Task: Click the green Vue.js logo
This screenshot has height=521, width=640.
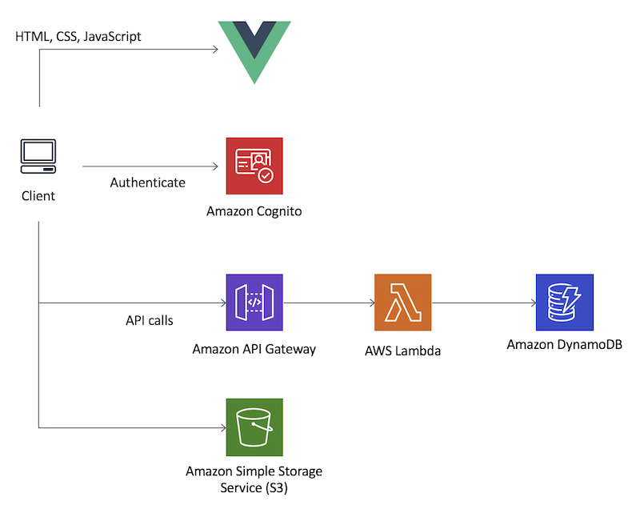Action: point(254,48)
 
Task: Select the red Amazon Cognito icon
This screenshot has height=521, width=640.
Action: point(254,166)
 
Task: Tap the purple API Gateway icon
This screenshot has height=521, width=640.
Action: point(254,303)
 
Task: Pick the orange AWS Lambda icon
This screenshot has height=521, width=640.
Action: point(402,303)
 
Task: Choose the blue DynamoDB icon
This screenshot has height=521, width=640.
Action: point(565,303)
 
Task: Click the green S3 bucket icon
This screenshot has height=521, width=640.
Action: point(254,427)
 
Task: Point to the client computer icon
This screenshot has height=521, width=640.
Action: point(38,157)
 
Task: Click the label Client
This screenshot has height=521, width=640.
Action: point(38,195)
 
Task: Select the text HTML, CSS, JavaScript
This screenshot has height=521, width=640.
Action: point(78,37)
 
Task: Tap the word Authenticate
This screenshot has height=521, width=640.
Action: point(147,182)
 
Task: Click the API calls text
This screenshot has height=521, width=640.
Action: point(150,320)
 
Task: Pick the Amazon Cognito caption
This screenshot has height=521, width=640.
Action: point(254,211)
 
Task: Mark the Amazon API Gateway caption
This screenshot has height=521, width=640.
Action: point(254,349)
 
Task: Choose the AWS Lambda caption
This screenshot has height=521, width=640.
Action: point(402,351)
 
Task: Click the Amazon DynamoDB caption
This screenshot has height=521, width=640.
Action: point(565,345)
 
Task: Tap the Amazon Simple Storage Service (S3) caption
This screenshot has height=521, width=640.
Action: point(254,479)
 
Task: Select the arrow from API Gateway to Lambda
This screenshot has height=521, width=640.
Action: point(328,303)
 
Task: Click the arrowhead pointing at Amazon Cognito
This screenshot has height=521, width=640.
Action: point(214,166)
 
